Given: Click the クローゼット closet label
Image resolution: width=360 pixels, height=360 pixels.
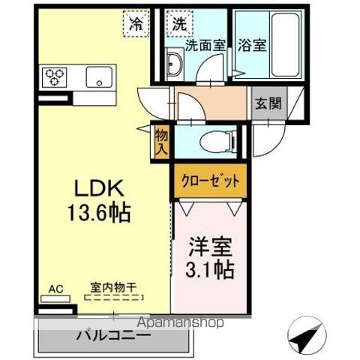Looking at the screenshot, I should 211,181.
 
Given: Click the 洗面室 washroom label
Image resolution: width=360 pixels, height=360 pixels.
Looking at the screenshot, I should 205,43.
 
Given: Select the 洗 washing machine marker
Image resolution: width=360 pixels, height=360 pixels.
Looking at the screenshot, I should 180,23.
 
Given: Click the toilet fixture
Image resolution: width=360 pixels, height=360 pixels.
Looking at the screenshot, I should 222,139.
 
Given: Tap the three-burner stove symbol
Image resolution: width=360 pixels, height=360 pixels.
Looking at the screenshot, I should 56,76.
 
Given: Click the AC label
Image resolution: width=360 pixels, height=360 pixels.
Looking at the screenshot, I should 55,287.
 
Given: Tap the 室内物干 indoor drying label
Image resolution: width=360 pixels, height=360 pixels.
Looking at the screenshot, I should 112,286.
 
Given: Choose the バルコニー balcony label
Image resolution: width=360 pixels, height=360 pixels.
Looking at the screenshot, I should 112,335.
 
